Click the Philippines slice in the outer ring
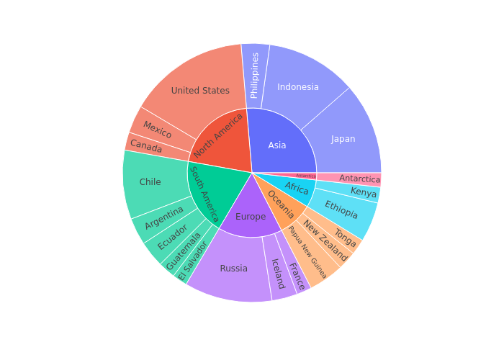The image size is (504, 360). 255,76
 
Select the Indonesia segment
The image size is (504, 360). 298,87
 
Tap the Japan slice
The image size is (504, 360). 343,139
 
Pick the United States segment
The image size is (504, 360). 200,91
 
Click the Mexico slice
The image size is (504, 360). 157,130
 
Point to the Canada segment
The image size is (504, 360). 146,147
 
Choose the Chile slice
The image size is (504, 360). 150,182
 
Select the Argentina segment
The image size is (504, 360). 164,217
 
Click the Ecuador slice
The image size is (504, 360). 174,237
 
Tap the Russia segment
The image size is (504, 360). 233,269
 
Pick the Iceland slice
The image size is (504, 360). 278,274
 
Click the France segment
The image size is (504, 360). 297,276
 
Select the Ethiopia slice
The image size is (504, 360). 341,210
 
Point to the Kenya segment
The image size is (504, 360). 364,193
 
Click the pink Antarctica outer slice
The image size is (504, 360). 359,179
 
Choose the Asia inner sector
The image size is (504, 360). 277,145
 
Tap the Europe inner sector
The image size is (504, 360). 251,217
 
